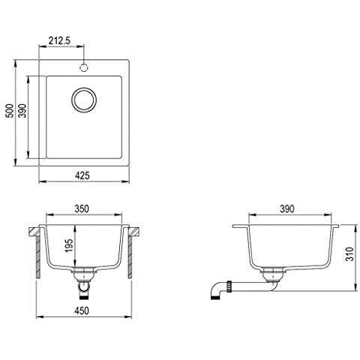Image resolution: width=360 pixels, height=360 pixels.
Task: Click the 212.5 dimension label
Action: pyautogui.click(x=59, y=40)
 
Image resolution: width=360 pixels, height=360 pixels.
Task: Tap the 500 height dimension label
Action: pyautogui.click(x=10, y=111)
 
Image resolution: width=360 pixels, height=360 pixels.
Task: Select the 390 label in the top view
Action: pyautogui.click(x=22, y=111)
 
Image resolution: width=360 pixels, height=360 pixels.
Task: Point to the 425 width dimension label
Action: pyautogui.click(x=82, y=175)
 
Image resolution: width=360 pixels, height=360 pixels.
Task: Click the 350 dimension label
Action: pyautogui.click(x=82, y=208)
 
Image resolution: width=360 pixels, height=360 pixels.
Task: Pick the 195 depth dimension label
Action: pyautogui.click(x=69, y=245)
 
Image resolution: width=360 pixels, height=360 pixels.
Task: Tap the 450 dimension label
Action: pyautogui.click(x=82, y=310)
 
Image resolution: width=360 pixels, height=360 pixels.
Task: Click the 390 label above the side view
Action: pyautogui.click(x=287, y=208)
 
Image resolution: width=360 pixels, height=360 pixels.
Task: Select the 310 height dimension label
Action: pyautogui.click(x=349, y=254)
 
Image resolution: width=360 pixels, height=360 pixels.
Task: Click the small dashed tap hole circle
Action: pyautogui.click(x=84, y=67)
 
